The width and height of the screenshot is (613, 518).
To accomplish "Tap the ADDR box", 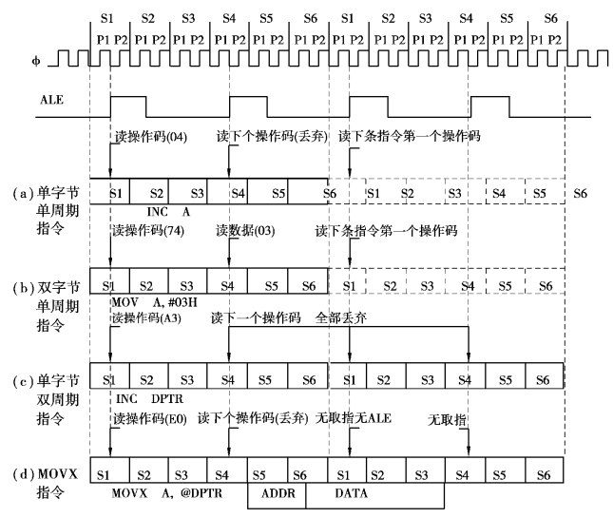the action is click(x=277, y=494).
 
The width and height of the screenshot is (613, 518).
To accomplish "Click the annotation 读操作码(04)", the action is click(x=152, y=136).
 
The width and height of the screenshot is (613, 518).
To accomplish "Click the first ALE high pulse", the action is click(x=128, y=104).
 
